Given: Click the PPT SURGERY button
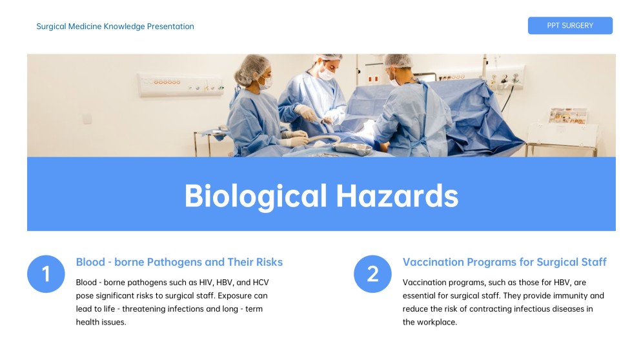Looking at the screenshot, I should [569, 26].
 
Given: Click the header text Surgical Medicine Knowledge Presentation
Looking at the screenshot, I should [115, 26].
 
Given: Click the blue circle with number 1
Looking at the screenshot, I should [46, 274].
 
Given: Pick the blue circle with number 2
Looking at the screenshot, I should [372, 274].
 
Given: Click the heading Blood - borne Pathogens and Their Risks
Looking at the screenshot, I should [179, 262].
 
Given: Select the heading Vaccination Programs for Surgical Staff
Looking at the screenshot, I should [504, 262].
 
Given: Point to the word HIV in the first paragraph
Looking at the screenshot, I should [190, 283].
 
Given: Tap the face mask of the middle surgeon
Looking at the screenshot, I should [327, 73].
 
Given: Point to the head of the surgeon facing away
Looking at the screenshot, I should [396, 63].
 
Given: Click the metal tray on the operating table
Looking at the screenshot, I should [352, 148].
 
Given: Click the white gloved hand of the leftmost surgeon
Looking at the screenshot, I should [296, 137].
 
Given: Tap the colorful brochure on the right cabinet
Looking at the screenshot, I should [567, 116].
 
